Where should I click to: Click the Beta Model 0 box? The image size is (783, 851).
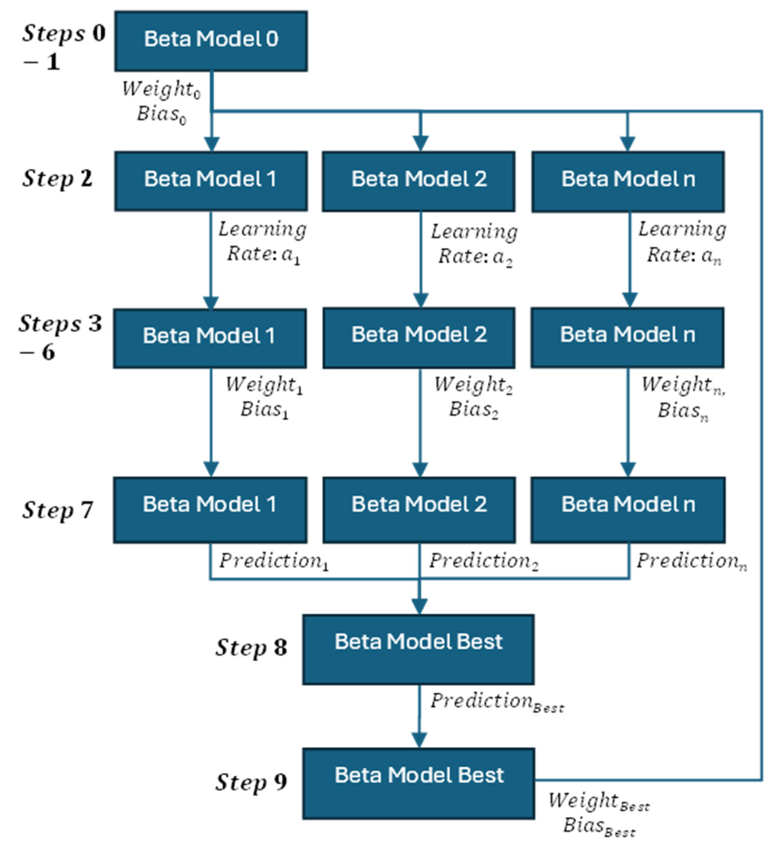(211, 41)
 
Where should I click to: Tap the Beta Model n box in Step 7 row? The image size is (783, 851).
(628, 510)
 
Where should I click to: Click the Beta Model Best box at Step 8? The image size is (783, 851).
(418, 649)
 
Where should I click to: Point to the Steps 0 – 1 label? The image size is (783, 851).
(64, 46)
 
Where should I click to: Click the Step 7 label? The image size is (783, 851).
(58, 510)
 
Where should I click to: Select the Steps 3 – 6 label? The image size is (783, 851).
(60, 337)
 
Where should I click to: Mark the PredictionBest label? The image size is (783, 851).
(496, 702)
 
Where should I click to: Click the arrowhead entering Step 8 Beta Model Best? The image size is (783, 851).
(419, 607)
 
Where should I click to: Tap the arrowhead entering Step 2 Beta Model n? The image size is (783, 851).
(628, 143)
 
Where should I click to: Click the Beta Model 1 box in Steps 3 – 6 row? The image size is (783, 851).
(210, 338)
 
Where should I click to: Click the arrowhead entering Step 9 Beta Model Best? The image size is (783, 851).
(419, 741)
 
